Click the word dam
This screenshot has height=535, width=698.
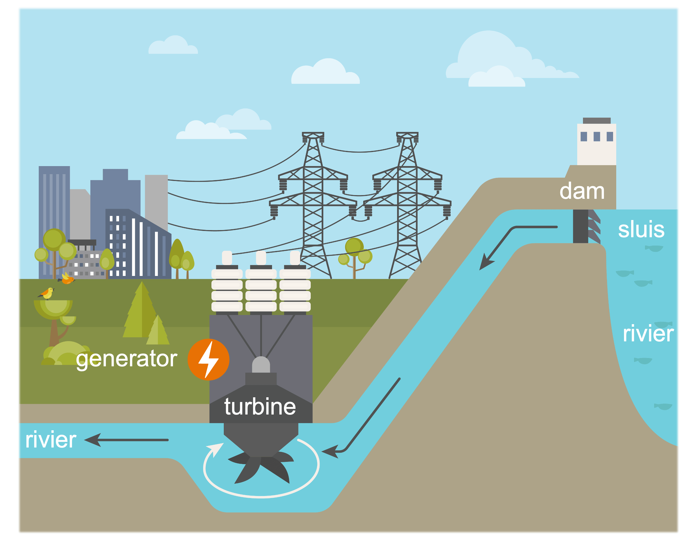click(x=582, y=191)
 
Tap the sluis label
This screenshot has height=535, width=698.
click(x=641, y=229)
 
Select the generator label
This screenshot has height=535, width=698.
click(x=127, y=359)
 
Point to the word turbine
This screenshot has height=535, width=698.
click(x=260, y=407)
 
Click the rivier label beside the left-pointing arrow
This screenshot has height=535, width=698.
click(x=50, y=440)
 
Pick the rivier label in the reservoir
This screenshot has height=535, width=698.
click(x=648, y=334)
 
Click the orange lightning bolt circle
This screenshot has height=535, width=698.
click(x=209, y=359)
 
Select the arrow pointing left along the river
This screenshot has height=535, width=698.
click(x=126, y=440)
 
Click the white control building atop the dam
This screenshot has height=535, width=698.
click(x=596, y=143)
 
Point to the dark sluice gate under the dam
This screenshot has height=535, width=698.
click(x=580, y=226)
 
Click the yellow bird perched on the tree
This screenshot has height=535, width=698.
click(x=47, y=293)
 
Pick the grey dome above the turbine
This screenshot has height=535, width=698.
click(x=261, y=365)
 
